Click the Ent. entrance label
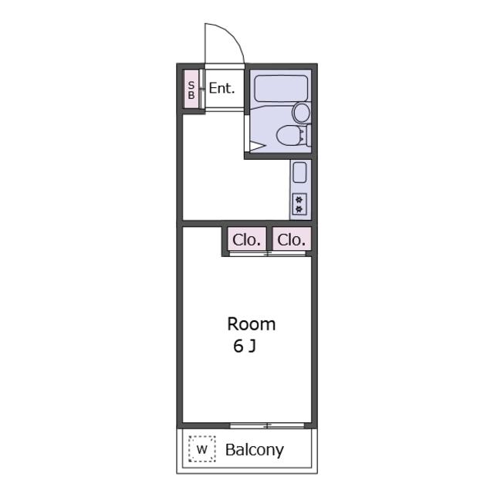pyautogui.click(x=222, y=89)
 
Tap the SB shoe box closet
pyautogui.click(x=191, y=90)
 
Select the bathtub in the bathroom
pyautogui.click(x=281, y=89)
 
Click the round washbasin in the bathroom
pyautogui.click(x=302, y=113)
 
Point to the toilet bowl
pyautogui.click(x=288, y=136)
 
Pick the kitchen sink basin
pyautogui.click(x=299, y=172)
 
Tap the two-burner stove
pyautogui.click(x=299, y=204)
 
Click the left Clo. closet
pyautogui.click(x=247, y=239)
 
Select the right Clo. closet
pyautogui.click(x=292, y=239)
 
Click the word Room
pyautogui.click(x=252, y=324)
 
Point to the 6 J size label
pyautogui.click(x=245, y=346)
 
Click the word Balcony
pyautogui.click(x=255, y=450)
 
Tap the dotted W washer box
pyautogui.click(x=202, y=449)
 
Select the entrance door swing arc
pyautogui.click(x=232, y=35)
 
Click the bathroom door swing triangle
pyautogui.click(x=258, y=147)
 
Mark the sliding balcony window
pyautogui.click(x=267, y=425)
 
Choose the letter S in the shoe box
pyautogui.click(x=191, y=85)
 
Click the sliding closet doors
pyautogui.click(x=268, y=254)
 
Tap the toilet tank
pyautogui.click(x=309, y=135)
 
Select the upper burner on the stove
pyautogui.click(x=299, y=199)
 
